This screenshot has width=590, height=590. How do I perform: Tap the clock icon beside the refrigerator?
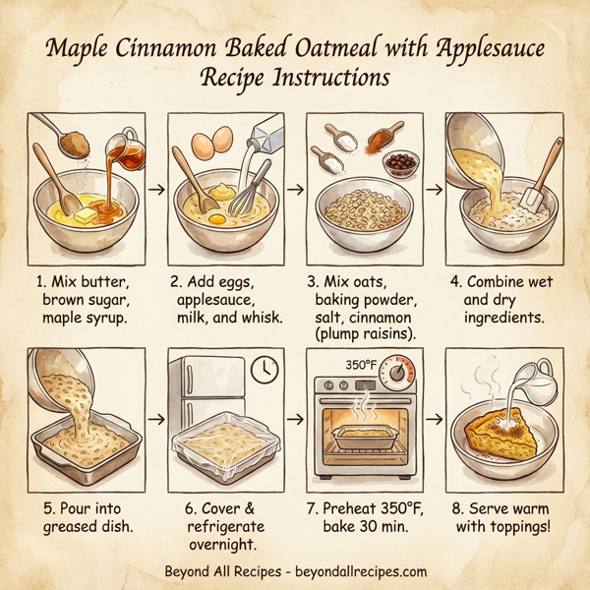[263, 369]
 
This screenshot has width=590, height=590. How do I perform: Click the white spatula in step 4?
[534, 194]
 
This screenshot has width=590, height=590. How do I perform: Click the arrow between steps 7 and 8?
[432, 420]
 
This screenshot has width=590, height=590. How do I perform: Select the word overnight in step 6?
[221, 544]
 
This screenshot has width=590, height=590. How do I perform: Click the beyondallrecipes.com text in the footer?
[362, 571]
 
